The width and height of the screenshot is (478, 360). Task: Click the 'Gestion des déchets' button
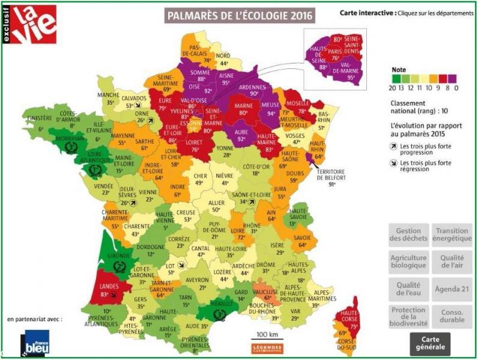[408, 235]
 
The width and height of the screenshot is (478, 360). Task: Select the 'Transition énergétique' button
[452, 235]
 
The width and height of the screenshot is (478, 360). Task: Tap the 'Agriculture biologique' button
[408, 262]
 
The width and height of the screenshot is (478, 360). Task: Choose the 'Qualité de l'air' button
[452, 262]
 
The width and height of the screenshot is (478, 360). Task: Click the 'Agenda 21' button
[452, 289]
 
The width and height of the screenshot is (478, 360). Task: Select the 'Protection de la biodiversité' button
[408, 317]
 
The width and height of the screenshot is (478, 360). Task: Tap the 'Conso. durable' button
[452, 317]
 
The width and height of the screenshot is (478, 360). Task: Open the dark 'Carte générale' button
[431, 343]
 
